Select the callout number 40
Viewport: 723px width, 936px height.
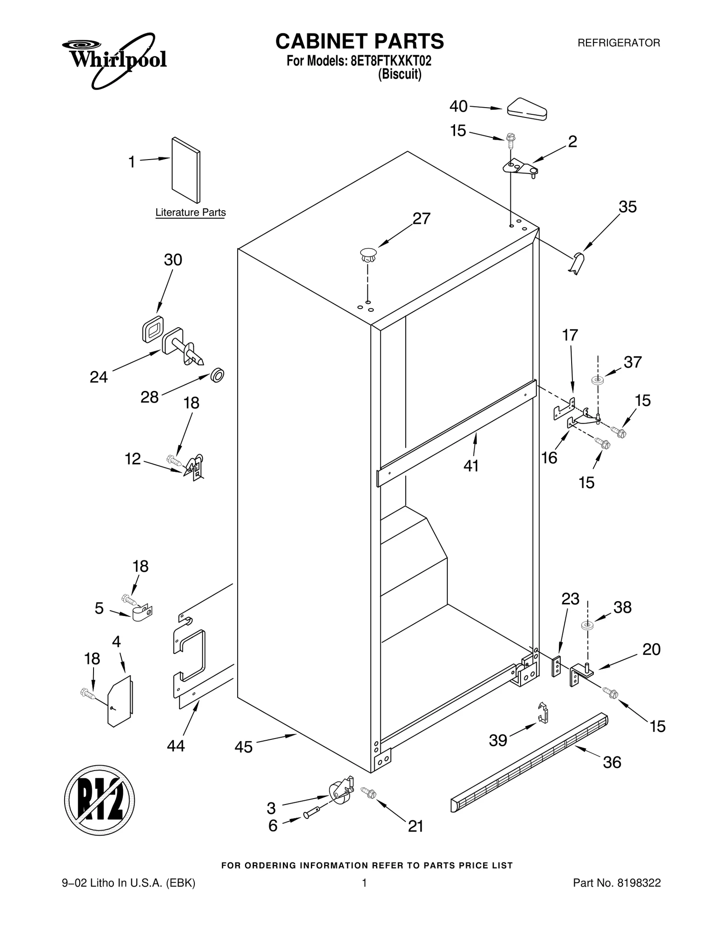tap(458, 107)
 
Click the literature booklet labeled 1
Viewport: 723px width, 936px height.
tap(186, 170)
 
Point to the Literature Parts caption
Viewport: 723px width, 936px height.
tap(190, 212)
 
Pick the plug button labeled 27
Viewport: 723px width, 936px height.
tap(368, 254)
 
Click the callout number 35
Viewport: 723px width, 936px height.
tap(627, 207)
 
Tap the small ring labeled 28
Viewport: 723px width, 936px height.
tap(218, 375)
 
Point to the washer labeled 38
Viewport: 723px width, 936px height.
tap(587, 626)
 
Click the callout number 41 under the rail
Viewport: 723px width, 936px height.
tap(471, 466)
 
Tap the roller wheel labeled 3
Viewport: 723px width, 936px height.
tap(339, 792)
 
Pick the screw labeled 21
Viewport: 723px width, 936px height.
tap(368, 791)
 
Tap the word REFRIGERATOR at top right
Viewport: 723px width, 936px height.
tap(619, 43)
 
